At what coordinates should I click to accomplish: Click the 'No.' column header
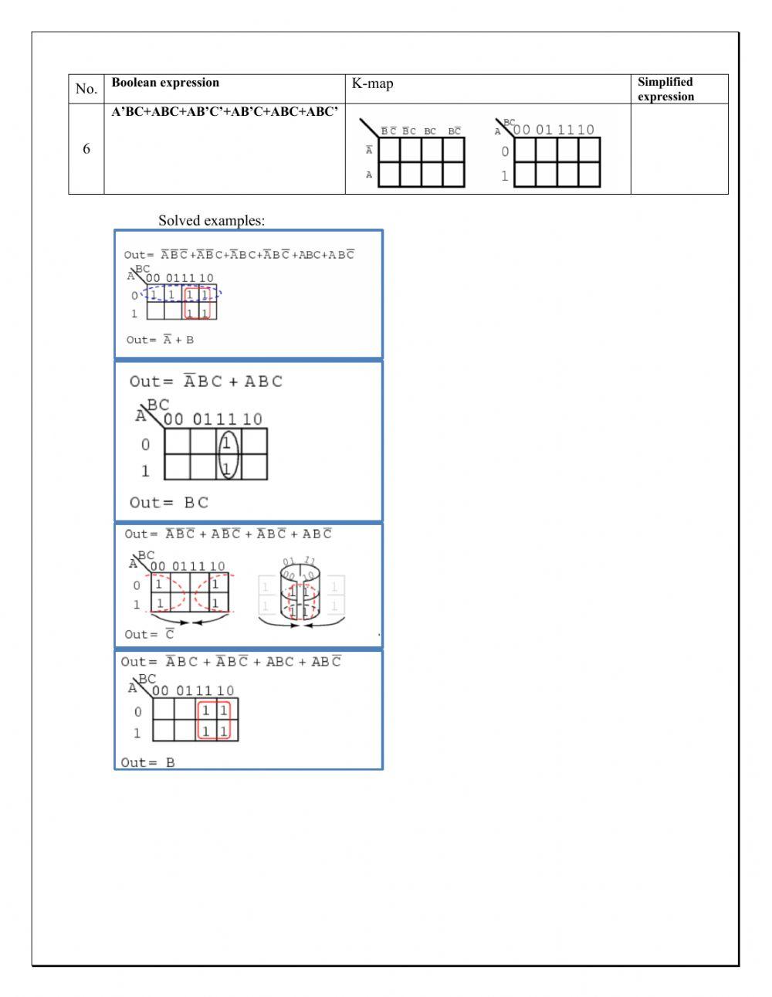pyautogui.click(x=86, y=89)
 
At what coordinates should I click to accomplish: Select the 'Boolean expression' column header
pyautogui.click(x=165, y=83)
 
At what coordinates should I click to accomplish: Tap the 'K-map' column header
pyautogui.click(x=372, y=83)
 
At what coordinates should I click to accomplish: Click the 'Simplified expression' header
pyautogui.click(x=665, y=89)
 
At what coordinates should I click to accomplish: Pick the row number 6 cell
pyautogui.click(x=86, y=149)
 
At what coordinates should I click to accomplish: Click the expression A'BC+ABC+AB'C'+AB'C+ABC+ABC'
pyautogui.click(x=225, y=112)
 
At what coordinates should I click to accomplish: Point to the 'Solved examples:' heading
pyautogui.click(x=212, y=221)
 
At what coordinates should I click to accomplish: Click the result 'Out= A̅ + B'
pyautogui.click(x=160, y=340)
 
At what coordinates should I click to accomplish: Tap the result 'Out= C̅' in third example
pyautogui.click(x=150, y=634)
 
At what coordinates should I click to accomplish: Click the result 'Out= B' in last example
pyautogui.click(x=148, y=762)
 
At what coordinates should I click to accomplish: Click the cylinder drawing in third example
pyautogui.click(x=300, y=591)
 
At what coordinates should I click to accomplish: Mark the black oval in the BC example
pyautogui.click(x=227, y=456)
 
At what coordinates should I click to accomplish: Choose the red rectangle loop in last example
pyautogui.click(x=214, y=721)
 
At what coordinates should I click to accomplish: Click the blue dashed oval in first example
pyautogui.click(x=182, y=294)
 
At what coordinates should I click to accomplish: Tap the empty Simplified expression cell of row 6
pyautogui.click(x=679, y=149)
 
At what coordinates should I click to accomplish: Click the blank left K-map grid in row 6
pyautogui.click(x=421, y=162)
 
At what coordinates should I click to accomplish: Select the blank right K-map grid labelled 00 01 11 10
pyautogui.click(x=557, y=162)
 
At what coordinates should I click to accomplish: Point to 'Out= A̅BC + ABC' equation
pyautogui.click(x=206, y=382)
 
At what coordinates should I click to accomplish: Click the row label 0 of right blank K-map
pyautogui.click(x=505, y=151)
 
